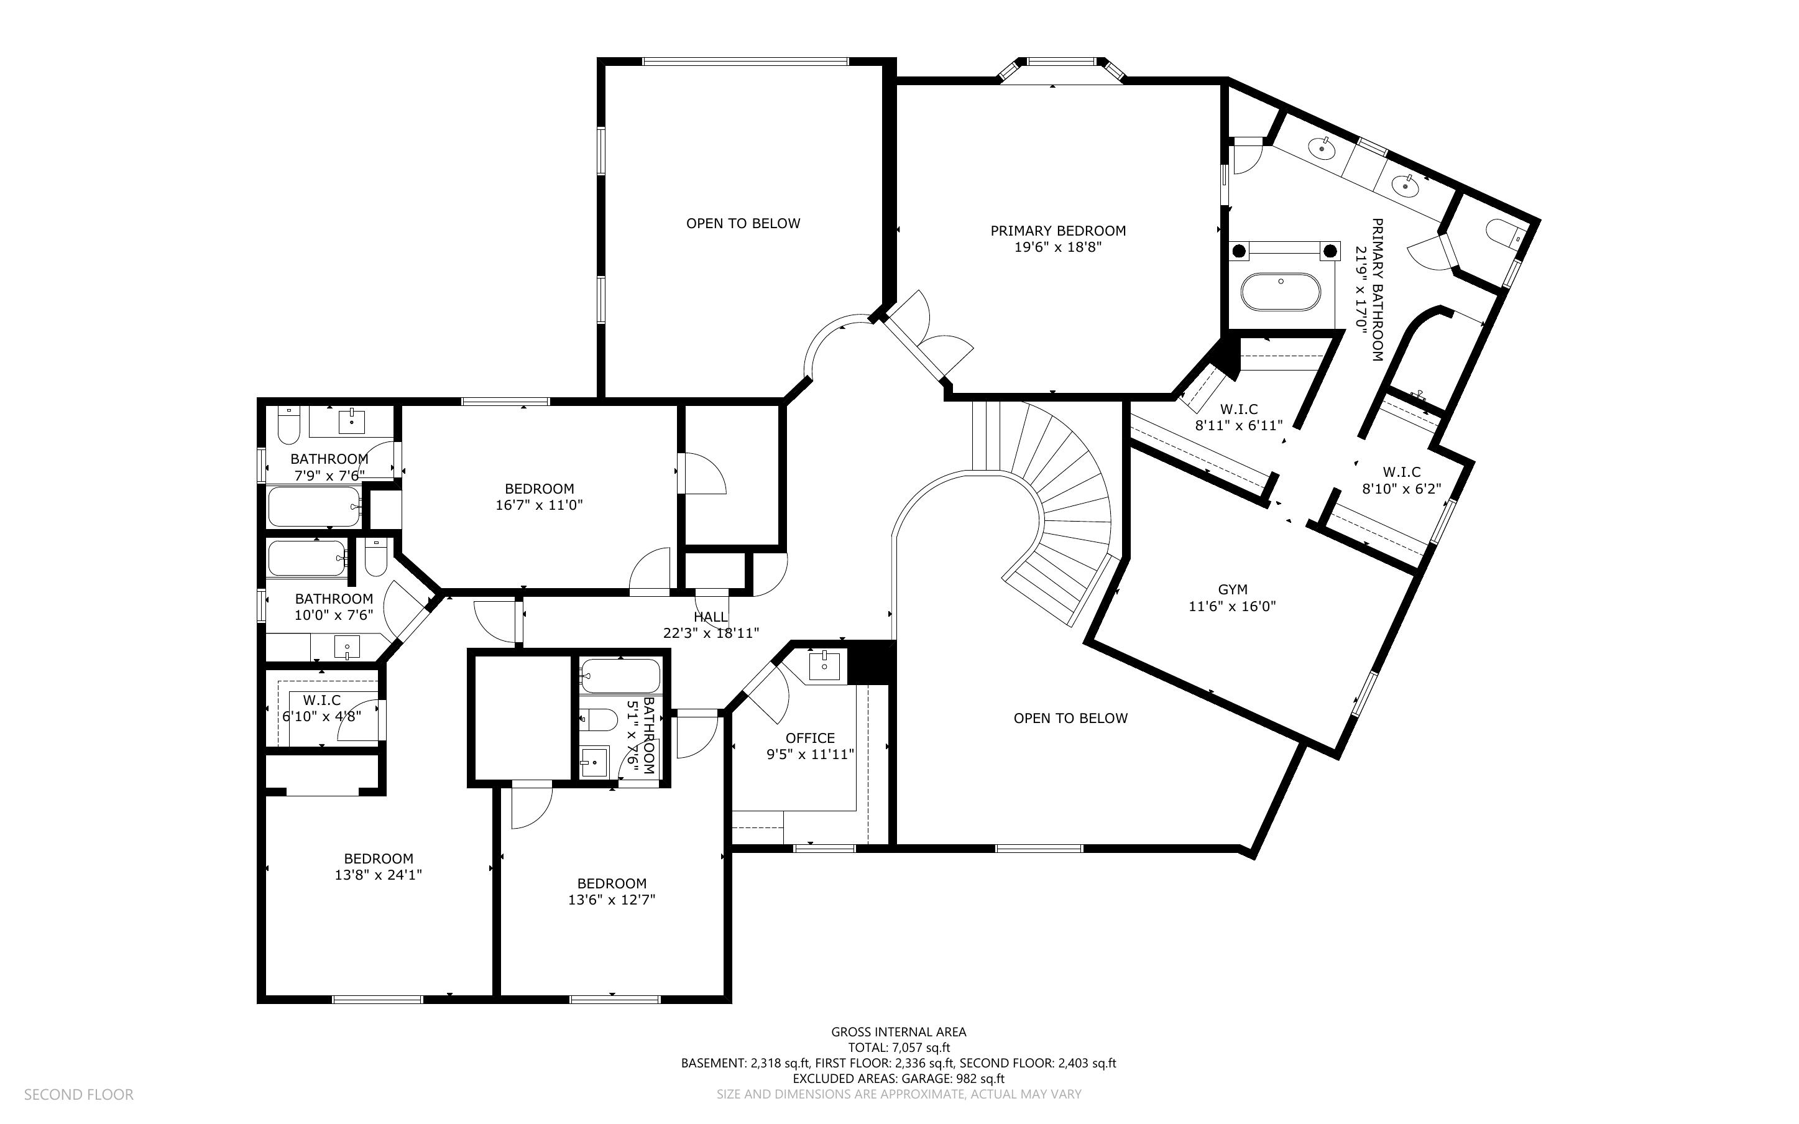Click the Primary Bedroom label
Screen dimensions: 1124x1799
1057,231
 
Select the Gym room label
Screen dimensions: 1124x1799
1232,589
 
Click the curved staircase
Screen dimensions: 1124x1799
1062,505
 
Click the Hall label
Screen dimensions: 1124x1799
711,617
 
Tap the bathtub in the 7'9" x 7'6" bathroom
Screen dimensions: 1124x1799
313,506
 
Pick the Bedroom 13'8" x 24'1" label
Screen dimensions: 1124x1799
378,859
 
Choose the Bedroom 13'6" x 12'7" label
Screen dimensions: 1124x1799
612,883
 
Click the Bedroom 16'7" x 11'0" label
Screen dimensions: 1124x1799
539,489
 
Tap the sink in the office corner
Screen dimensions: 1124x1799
825,664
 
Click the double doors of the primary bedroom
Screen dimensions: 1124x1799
929,338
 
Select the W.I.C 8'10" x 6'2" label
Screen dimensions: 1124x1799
1401,472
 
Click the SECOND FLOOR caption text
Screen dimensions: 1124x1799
79,1094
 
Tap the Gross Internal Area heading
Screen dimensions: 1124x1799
898,1032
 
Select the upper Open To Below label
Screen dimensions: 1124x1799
743,223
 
